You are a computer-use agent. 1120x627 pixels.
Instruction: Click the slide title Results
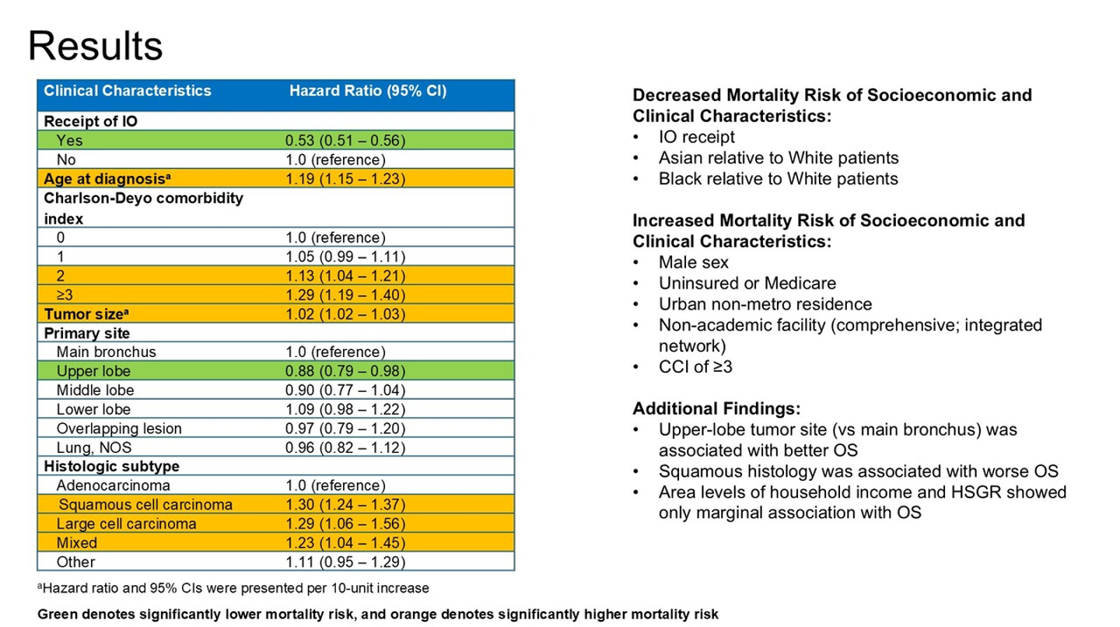pos(96,45)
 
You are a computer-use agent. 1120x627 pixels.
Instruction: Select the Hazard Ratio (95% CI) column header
pos(368,91)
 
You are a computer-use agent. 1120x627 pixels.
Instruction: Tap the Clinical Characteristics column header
pos(128,90)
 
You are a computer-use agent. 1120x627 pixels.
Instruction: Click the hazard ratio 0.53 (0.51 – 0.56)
pos(345,141)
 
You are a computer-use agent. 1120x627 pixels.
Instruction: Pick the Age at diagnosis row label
pos(107,178)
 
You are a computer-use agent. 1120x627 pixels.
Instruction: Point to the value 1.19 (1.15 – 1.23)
pos(345,179)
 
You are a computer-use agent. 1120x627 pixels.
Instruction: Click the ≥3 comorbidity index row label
pos(65,295)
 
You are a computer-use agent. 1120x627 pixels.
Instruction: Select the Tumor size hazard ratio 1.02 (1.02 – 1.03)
pos(345,314)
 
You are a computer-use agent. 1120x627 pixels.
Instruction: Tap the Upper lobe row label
pos(93,371)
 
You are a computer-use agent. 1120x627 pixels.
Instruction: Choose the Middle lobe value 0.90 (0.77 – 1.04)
pos(345,390)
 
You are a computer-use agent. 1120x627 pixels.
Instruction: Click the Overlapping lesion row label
pos(119,429)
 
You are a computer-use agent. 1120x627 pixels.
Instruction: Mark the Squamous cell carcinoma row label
pos(145,505)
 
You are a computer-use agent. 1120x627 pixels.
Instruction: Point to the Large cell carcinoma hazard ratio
pos(345,524)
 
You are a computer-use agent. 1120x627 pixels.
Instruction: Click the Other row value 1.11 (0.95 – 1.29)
pos(345,562)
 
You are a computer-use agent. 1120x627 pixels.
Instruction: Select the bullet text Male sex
pos(694,262)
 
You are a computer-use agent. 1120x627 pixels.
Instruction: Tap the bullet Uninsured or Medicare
pos(747,283)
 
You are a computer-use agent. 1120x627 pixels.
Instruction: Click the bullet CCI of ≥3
pos(695,366)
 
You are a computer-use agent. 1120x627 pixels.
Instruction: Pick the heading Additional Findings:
pos(716,408)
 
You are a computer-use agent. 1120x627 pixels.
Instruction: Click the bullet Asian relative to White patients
pos(779,157)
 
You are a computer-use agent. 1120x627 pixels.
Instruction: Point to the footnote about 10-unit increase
pos(233,588)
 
